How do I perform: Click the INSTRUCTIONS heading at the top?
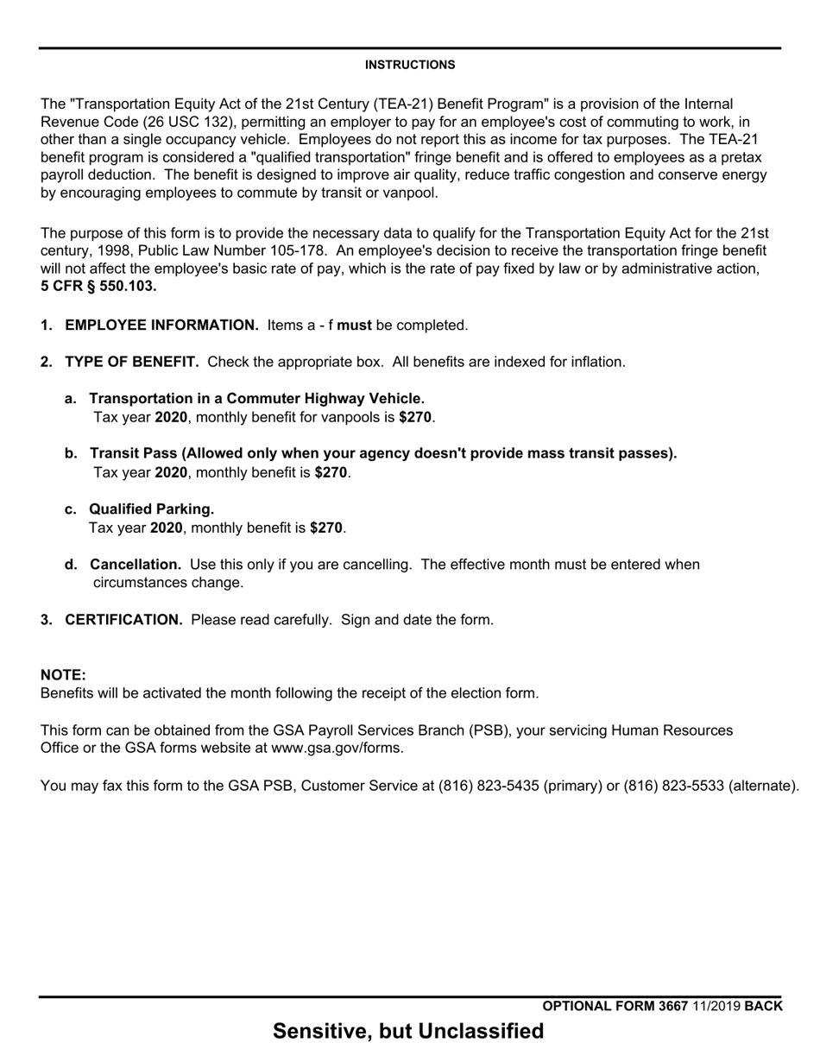(x=410, y=65)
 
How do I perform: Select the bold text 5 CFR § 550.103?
(x=98, y=287)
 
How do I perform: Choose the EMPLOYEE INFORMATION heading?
(x=161, y=325)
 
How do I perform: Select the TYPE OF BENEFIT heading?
(x=131, y=362)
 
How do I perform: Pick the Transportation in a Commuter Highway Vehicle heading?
(x=256, y=398)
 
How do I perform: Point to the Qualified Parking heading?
(x=151, y=509)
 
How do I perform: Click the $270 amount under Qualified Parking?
(x=326, y=528)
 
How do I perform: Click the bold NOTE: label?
(x=63, y=674)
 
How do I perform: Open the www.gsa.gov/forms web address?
(x=336, y=748)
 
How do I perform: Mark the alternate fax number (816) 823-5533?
(x=674, y=786)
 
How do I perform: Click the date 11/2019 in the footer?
(x=716, y=1006)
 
